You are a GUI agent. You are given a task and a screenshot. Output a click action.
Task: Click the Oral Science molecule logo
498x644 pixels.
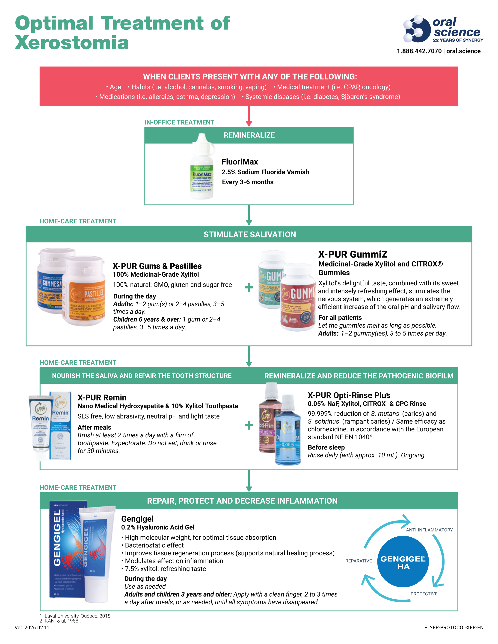[416, 29]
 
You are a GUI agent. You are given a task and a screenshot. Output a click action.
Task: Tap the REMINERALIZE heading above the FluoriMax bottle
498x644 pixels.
[249, 135]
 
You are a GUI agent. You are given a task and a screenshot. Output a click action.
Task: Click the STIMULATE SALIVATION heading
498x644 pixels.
[249, 234]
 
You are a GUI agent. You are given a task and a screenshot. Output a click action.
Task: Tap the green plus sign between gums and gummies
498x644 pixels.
[249, 287]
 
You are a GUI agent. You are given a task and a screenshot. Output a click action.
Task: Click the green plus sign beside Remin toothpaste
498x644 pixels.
[249, 425]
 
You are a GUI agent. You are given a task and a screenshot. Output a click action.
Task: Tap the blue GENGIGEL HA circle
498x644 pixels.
[403, 562]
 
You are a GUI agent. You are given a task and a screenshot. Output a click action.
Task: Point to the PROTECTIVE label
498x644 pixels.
[424, 594]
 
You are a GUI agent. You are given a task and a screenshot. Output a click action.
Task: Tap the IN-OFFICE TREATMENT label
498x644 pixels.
[179, 122]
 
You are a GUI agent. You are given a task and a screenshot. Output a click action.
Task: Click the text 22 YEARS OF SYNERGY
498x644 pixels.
[458, 40]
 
